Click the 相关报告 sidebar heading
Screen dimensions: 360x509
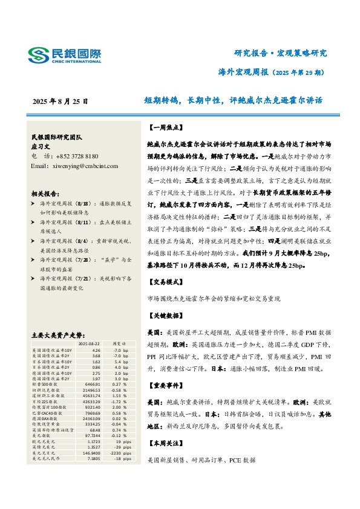45,194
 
